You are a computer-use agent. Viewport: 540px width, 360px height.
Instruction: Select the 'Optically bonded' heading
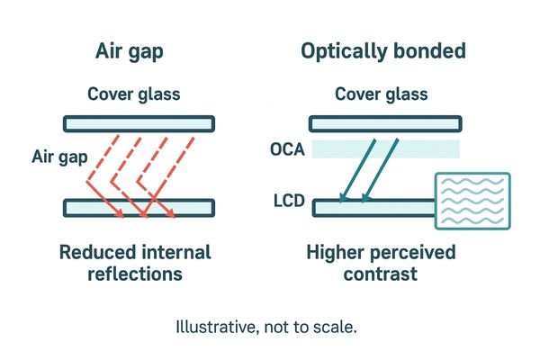point(382,50)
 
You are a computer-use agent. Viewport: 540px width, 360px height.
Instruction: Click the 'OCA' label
point(287,149)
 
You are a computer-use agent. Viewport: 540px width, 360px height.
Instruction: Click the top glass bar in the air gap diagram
point(138,122)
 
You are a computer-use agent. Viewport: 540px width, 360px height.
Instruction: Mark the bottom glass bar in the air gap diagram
point(138,209)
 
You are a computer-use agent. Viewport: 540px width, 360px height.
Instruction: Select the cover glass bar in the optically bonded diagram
point(384,122)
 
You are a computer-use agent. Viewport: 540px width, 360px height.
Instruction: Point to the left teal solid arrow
point(357,166)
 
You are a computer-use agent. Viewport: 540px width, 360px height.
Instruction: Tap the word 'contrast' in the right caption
point(381,273)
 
